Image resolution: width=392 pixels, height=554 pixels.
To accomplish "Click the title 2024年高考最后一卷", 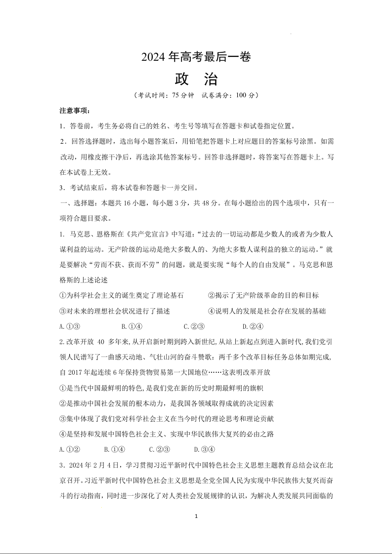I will [196, 57].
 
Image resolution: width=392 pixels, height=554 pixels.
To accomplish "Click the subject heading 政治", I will [196, 79].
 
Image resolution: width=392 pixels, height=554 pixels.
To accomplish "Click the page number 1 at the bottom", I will [196, 516].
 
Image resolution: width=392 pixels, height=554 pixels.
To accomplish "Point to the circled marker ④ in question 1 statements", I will [212, 311].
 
